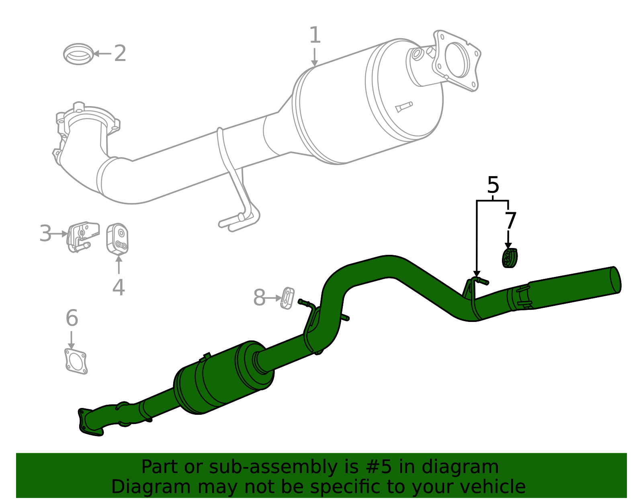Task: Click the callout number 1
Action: [x=315, y=35]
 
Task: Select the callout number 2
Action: [x=120, y=53]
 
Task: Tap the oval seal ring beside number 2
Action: [x=78, y=54]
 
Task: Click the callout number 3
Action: [x=45, y=234]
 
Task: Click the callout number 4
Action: [x=119, y=287]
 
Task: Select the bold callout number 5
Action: [x=493, y=185]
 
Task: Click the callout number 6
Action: [x=72, y=318]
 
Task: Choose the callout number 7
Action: [x=510, y=221]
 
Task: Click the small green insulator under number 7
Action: [x=509, y=258]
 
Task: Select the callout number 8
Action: [x=259, y=298]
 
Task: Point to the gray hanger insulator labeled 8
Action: [x=287, y=298]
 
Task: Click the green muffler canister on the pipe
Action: [x=223, y=378]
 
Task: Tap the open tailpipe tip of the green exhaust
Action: [x=615, y=279]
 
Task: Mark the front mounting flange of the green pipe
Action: [x=89, y=422]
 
